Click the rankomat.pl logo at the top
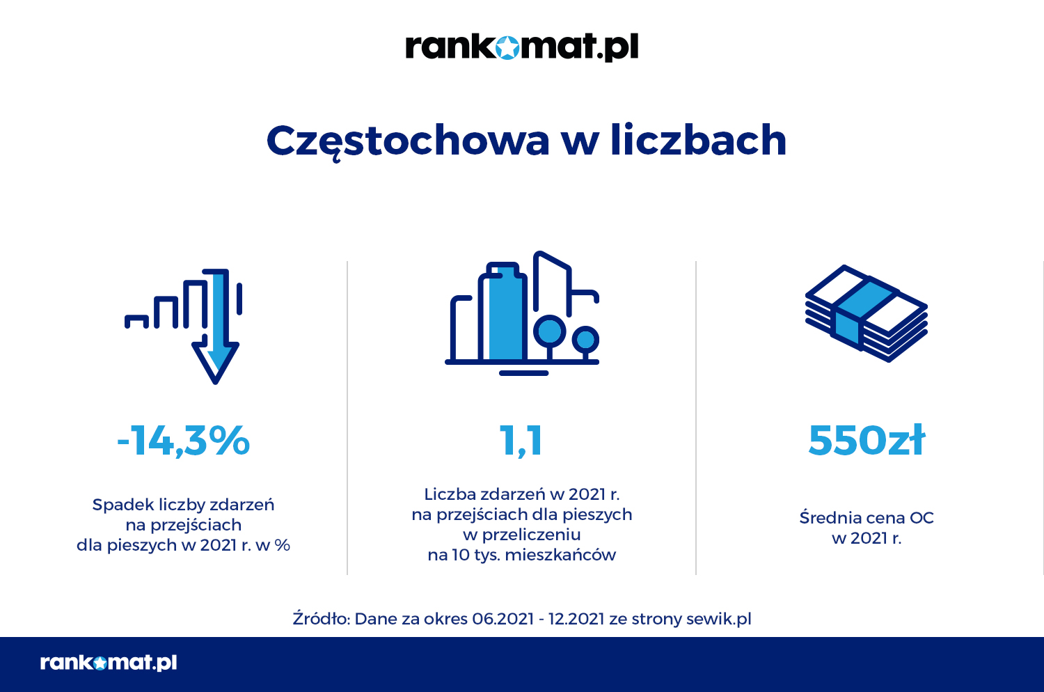(522, 47)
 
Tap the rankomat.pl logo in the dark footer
(109, 662)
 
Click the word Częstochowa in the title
(408, 141)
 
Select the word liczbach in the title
(698, 140)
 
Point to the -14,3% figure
(184, 440)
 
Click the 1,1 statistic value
(521, 441)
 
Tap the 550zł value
(867, 440)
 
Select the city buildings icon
(522, 313)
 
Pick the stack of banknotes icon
(867, 313)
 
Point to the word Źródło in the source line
(320, 619)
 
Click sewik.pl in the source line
(719, 619)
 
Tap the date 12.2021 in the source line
(576, 619)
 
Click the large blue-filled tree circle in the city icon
(549, 331)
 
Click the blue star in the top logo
(508, 47)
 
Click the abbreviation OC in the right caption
(922, 518)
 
